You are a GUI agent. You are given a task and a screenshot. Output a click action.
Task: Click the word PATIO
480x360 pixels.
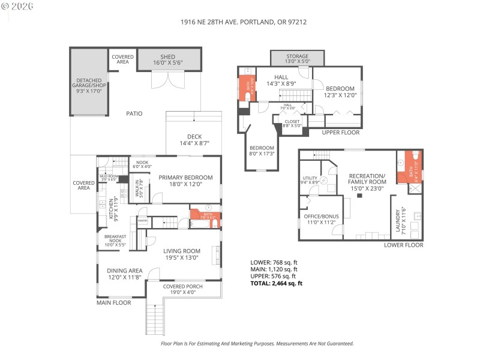[134, 113]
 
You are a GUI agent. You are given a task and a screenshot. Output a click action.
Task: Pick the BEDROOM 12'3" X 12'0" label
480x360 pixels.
[340, 91]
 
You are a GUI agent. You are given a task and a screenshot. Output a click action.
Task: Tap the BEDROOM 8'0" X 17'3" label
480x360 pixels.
[262, 151]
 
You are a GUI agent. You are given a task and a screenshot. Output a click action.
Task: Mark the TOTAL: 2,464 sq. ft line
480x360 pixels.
[277, 284]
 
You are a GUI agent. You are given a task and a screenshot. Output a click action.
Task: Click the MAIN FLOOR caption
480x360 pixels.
[114, 303]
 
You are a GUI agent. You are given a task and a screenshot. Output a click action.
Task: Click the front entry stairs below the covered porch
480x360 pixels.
[155, 318]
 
